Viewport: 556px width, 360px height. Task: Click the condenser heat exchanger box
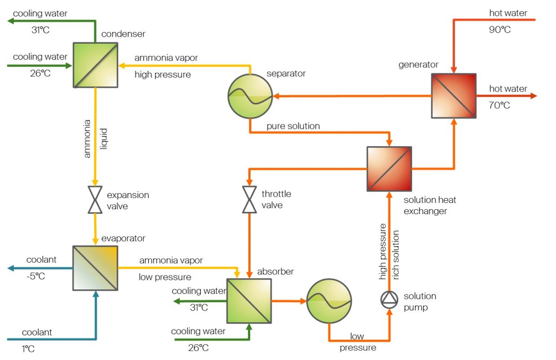(95, 65)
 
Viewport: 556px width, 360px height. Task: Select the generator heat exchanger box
(453, 95)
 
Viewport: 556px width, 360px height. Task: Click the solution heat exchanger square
(389, 169)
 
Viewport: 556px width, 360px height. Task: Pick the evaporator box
(95, 268)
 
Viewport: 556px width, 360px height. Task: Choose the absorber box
(249, 301)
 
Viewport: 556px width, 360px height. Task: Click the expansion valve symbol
(95, 200)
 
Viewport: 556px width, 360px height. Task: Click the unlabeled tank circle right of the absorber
(329, 301)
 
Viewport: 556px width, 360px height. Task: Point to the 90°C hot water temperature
(500, 30)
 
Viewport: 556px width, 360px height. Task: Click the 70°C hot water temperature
(500, 106)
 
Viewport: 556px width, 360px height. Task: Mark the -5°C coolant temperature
(36, 276)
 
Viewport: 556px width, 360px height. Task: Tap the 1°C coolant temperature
(28, 348)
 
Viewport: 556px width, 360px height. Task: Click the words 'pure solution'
(293, 126)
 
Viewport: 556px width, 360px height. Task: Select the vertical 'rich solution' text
(396, 255)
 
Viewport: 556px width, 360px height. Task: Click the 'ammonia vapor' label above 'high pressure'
(166, 58)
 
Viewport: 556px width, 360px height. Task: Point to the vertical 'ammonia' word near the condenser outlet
(87, 138)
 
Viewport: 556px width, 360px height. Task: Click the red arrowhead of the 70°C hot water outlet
(533, 95)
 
